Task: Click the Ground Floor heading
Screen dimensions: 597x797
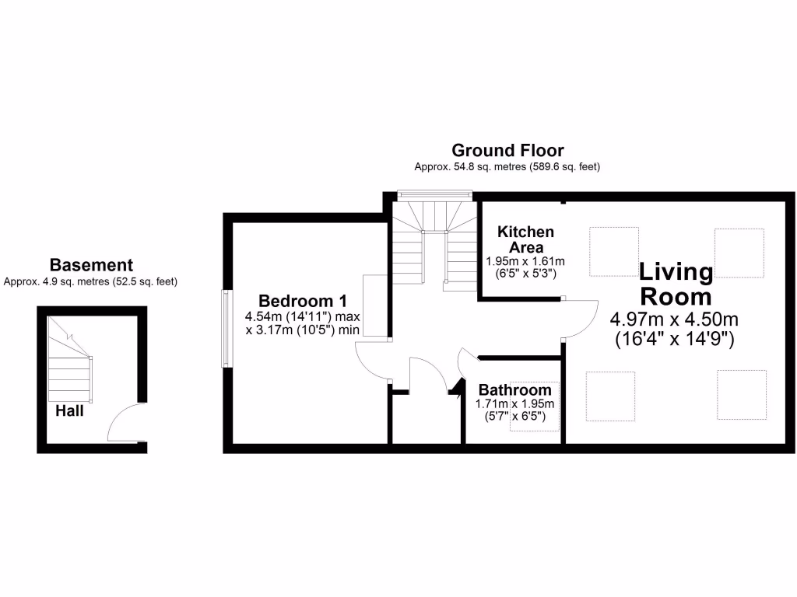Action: (x=507, y=150)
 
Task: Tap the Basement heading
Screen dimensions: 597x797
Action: (x=91, y=265)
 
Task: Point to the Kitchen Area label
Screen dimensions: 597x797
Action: (x=526, y=239)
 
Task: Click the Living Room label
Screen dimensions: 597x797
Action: (x=675, y=284)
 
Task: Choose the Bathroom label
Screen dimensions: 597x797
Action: (x=514, y=390)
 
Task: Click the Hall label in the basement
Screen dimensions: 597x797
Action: (x=69, y=411)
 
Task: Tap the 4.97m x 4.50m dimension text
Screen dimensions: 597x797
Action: (x=674, y=319)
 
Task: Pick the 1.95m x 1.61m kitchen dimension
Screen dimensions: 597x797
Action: (x=525, y=262)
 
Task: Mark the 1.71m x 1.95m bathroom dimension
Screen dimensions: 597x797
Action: (x=514, y=404)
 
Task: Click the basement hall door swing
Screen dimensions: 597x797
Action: (x=124, y=424)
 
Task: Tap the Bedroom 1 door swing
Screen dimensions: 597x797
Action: (x=372, y=361)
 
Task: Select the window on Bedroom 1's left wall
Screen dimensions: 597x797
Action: (x=226, y=329)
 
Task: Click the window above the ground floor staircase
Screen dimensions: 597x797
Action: (x=420, y=194)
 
